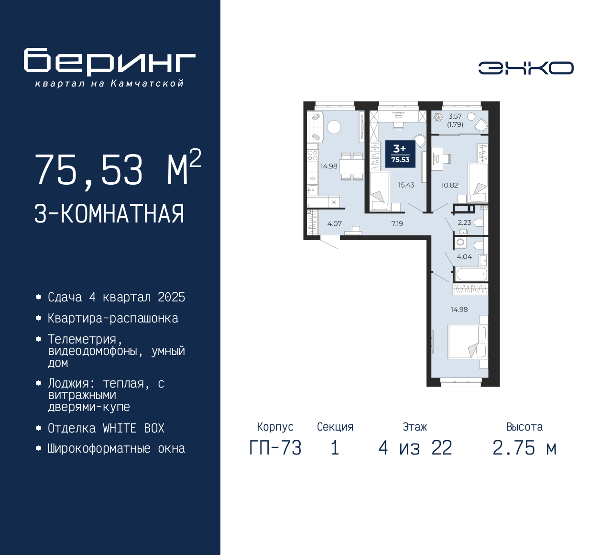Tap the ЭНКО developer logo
point(525,68)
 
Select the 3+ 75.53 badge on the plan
point(400,154)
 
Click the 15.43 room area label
point(406,185)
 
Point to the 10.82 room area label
point(449,185)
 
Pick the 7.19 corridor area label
point(397,223)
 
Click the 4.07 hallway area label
point(334,223)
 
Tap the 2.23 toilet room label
point(464,222)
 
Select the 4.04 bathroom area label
point(464,257)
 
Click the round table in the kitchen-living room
point(334,127)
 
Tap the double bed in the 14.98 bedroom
point(468,342)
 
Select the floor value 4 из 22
point(415,448)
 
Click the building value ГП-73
point(275,448)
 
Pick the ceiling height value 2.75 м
point(525,448)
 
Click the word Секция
point(335,427)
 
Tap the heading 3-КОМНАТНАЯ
point(109,214)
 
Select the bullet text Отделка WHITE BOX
point(106,428)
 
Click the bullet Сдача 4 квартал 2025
point(117,297)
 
